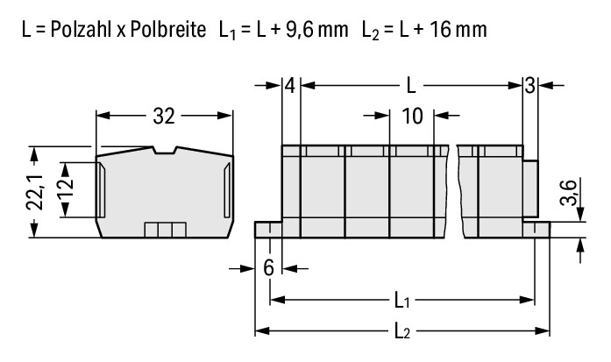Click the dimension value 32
coord(164,116)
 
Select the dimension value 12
coord(67,188)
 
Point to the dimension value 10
coord(412,116)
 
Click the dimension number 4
coord(290,86)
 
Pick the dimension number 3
coord(529,86)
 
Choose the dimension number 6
coord(268,268)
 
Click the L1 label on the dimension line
coord(402,301)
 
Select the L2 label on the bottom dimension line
coord(402,331)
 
